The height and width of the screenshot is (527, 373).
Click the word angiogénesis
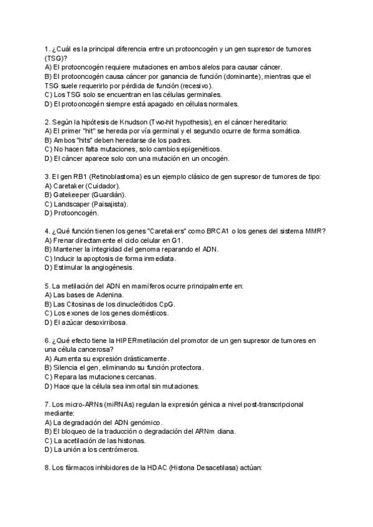click(x=111, y=268)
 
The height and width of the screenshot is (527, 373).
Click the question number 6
click(x=48, y=341)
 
